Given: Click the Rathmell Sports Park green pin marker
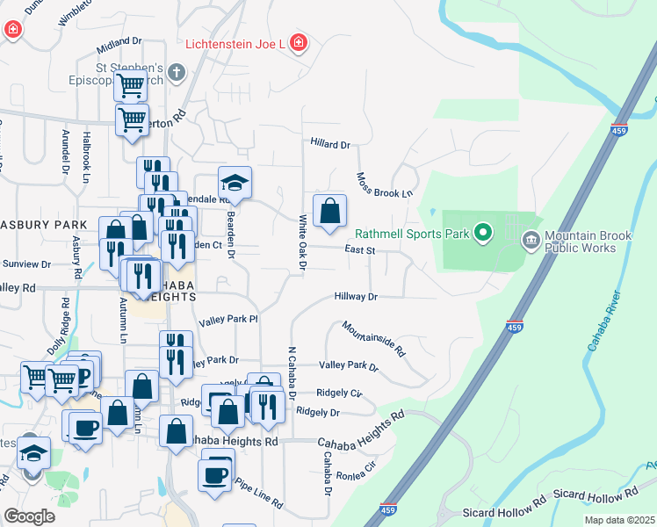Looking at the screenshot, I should [x=482, y=234].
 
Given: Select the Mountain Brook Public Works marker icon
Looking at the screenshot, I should [x=531, y=239].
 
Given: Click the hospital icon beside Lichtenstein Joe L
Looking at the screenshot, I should [x=299, y=43].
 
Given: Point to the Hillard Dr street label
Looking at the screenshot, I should [x=330, y=144].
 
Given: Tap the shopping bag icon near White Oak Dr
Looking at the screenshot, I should [x=329, y=212].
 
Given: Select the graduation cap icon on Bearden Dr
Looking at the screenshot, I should [x=235, y=183].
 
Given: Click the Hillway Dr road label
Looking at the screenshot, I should [x=355, y=297].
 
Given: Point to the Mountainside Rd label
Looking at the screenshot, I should [x=373, y=338].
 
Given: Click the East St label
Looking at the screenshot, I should [x=360, y=250].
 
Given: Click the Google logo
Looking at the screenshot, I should [x=29, y=516].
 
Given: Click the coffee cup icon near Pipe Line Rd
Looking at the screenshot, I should [x=215, y=476].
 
